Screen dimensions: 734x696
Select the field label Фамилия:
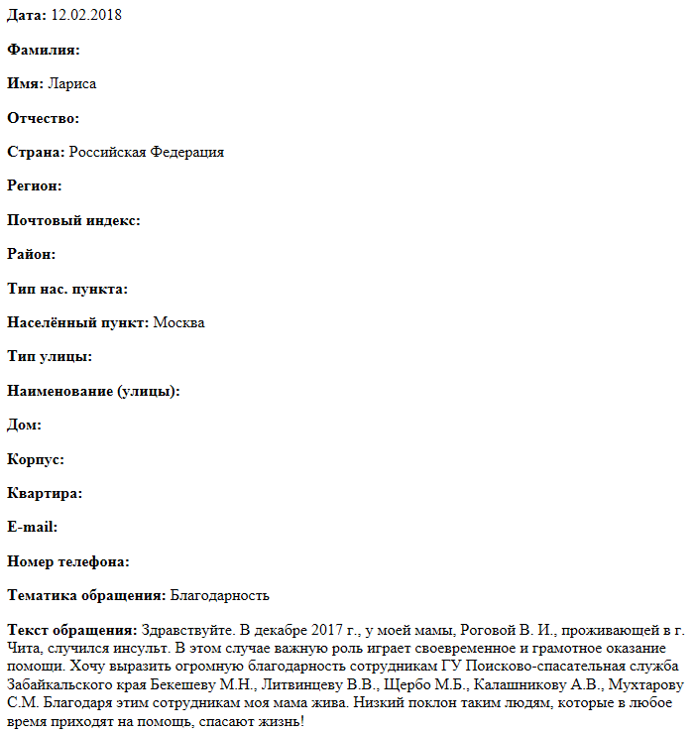pos(43,50)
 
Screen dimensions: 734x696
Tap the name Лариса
pos(72,83)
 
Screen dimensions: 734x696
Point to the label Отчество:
pos(43,118)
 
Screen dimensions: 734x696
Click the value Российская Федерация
pos(147,152)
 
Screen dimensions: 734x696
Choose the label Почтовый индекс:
pos(73,220)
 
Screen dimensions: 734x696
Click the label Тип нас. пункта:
pos(67,289)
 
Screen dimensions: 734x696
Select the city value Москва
pos(179,322)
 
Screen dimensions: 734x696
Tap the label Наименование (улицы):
pos(93,391)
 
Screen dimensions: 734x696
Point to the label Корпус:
pos(36,459)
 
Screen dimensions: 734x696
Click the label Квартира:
pos(45,493)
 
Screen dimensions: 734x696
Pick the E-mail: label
pos(32,527)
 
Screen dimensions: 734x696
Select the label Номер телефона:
pos(68,561)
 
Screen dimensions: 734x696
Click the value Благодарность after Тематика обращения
pos(220,595)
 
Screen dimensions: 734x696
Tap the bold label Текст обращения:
pos(72,630)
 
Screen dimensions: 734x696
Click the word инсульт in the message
pos(135,648)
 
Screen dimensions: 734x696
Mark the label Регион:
pos(35,185)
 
